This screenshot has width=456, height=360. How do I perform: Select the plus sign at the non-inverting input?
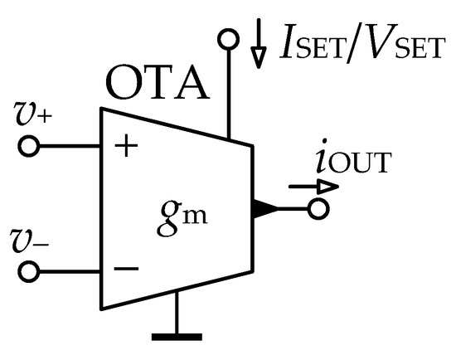coord(126,147)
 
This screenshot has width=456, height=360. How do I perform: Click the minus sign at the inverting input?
coord(124,269)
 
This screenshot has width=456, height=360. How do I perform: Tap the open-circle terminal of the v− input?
coord(30,271)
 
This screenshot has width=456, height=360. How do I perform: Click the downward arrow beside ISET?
coord(260,50)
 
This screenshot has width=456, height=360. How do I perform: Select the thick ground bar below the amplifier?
coord(177,337)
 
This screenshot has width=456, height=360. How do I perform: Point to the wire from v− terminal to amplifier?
coord(70,271)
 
